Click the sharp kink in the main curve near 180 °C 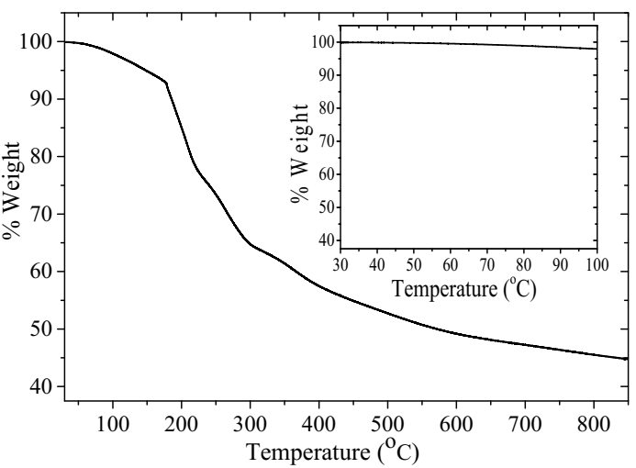[166, 83]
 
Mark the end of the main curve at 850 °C [626, 359]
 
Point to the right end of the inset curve [597, 49]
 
